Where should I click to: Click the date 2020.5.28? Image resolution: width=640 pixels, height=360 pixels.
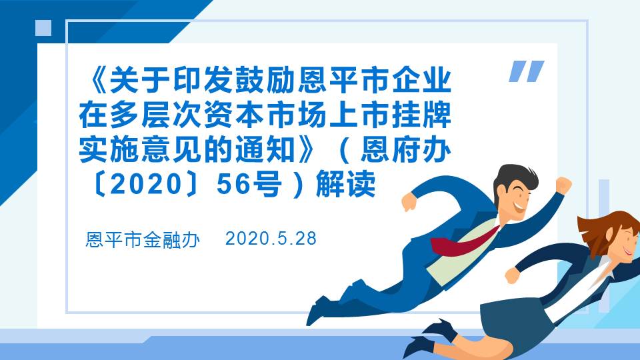coord(271,239)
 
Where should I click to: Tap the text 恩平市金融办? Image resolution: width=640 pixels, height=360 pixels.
coord(143,240)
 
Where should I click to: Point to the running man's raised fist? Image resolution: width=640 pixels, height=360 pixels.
coord(563,185)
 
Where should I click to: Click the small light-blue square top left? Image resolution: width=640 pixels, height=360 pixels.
coord(43,27)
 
